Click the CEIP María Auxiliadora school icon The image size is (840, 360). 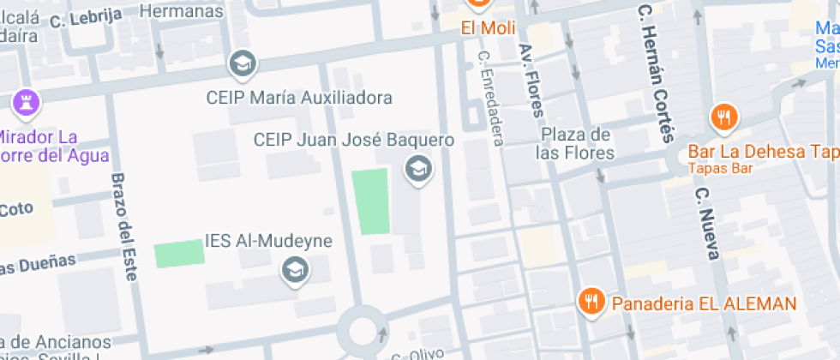coord(243,63)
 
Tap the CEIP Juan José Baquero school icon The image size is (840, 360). coord(418,169)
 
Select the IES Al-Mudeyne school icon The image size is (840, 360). coord(296,271)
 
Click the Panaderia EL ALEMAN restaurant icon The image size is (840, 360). coord(590,301)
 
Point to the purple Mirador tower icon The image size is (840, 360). coord(26,103)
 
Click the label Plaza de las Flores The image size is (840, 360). coord(575,144)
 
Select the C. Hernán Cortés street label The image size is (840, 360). coord(656,73)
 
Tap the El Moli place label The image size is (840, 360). coord(488,28)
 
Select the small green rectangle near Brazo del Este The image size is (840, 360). coord(179,255)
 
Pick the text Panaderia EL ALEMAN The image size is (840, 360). coord(703,303)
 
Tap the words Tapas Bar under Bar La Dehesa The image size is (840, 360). coord(720,168)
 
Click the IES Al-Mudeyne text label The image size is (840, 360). coord(268,241)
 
